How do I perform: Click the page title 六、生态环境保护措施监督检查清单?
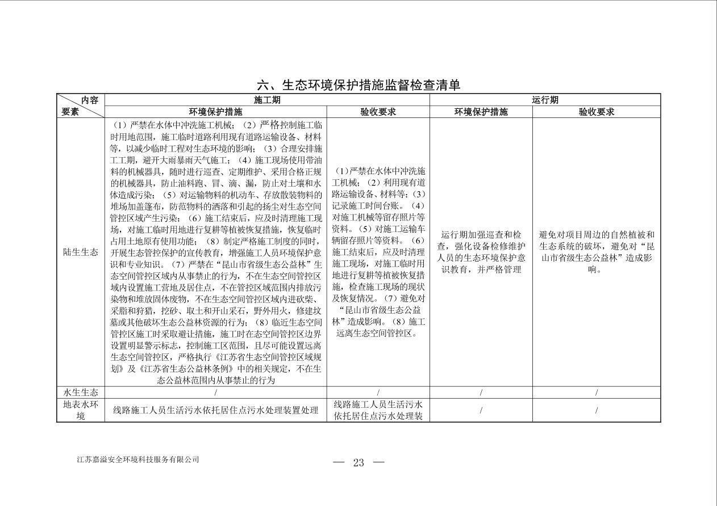358,85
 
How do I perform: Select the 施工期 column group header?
267,100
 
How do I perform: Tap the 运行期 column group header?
545,100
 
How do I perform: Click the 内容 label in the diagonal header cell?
89,100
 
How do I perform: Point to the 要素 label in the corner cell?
70,112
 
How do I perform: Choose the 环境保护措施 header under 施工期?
215,112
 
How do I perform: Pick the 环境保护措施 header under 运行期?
481,112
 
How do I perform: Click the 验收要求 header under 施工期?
378,112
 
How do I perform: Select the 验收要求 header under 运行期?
597,112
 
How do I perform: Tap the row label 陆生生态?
80,252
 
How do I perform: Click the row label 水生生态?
80,393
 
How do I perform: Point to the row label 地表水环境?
80,410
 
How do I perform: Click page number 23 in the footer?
358,462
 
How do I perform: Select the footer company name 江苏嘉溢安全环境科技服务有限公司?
138,459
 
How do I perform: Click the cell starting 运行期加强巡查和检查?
481,252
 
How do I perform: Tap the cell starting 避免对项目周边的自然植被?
597,252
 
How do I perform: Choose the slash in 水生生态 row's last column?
597,393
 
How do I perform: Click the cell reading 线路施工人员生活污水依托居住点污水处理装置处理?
215,410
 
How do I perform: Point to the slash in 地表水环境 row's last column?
597,410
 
